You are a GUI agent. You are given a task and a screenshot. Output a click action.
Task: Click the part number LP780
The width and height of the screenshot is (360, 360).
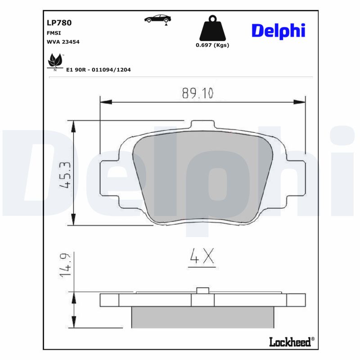[x=59, y=22]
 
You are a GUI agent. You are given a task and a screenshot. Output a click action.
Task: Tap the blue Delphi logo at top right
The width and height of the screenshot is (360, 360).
[x=278, y=30]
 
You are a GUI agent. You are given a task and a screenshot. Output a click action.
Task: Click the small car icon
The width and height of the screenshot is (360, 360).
[x=157, y=18]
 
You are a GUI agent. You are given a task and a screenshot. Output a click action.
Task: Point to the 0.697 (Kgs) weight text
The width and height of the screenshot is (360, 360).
[x=212, y=45]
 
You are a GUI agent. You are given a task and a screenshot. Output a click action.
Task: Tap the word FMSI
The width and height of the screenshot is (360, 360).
[x=54, y=33]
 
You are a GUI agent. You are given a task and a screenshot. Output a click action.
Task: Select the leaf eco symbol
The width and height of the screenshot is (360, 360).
[x=55, y=61]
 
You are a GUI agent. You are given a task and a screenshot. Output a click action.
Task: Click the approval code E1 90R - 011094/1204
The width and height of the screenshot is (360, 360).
[x=98, y=70]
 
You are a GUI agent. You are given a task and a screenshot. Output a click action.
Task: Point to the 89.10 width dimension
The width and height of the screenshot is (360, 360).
[x=198, y=93]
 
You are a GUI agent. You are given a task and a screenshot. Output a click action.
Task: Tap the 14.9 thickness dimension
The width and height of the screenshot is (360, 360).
[x=66, y=265]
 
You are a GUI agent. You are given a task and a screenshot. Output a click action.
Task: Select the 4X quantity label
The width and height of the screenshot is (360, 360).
[x=201, y=256]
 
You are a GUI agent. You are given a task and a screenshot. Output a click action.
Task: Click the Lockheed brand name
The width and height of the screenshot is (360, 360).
[x=290, y=342]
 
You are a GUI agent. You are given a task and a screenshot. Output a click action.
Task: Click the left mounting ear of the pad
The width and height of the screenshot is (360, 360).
[x=108, y=179]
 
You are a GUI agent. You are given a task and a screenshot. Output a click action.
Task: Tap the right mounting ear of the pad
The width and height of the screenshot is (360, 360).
[x=296, y=179]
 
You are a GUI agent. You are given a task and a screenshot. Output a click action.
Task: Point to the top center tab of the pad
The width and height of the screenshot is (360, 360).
[x=202, y=125]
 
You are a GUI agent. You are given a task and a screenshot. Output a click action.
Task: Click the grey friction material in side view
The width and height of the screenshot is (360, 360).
[x=202, y=317]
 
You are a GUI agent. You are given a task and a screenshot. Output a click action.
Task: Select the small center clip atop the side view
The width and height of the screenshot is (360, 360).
[x=203, y=290]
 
